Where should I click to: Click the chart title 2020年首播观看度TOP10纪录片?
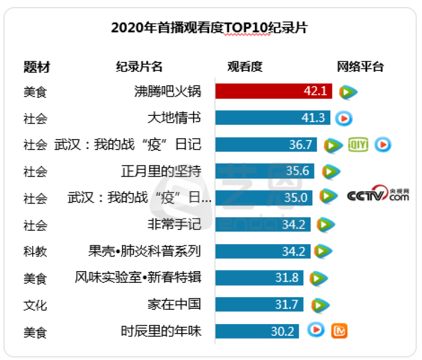pyautogui.click(x=209, y=28)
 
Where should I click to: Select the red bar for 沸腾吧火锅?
pyautogui.click(x=273, y=91)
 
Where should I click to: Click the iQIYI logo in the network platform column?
pyautogui.click(x=358, y=145)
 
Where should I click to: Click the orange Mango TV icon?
pyautogui.click(x=339, y=331)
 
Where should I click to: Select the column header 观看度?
pyautogui.click(x=245, y=66)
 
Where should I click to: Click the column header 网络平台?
pyautogui.click(x=360, y=66)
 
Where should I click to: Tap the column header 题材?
pyautogui.click(x=37, y=66)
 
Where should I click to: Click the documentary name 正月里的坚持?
pyautogui.click(x=161, y=171)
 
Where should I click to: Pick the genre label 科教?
pyautogui.click(x=35, y=251)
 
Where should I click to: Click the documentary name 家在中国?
pyautogui.click(x=174, y=305)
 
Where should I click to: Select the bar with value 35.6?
pyautogui.click(x=264, y=171)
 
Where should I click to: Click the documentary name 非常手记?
pyautogui.click(x=174, y=224)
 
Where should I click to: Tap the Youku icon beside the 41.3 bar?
pyautogui.click(x=344, y=118)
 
